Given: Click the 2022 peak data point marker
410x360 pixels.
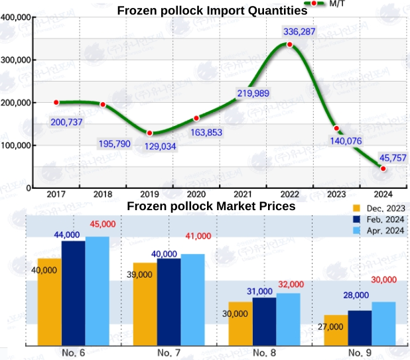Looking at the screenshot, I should pos(290,44).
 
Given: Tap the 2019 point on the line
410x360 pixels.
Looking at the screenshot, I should pos(149,133).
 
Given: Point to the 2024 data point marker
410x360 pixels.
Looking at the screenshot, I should pos(383,168).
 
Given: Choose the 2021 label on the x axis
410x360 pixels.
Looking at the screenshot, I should pos(243,194).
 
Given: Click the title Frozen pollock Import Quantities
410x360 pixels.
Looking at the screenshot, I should pos(212,10).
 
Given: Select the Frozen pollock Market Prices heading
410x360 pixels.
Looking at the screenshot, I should pos(211,206).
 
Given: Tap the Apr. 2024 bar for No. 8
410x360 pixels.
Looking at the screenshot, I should pos(288,318).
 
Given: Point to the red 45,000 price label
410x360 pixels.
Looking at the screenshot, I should pos(102,224).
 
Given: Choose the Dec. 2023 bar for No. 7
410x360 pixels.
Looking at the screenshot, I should pos(145,303).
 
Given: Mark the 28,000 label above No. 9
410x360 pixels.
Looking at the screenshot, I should pos(356,295).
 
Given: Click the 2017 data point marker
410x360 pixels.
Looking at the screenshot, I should pos(56,102).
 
